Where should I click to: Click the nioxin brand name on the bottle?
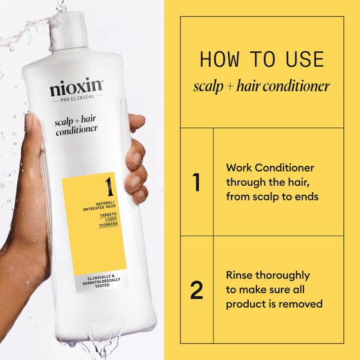76,89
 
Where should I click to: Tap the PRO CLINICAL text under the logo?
76,102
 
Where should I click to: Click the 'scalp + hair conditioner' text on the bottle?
76,123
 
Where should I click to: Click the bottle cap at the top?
67,26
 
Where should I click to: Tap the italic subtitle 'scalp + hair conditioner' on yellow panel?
262,86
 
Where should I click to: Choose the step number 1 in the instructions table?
197,183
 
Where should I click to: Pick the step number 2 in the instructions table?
197,291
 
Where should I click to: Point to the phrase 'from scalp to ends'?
272,197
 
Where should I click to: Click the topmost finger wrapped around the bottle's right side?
137,122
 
